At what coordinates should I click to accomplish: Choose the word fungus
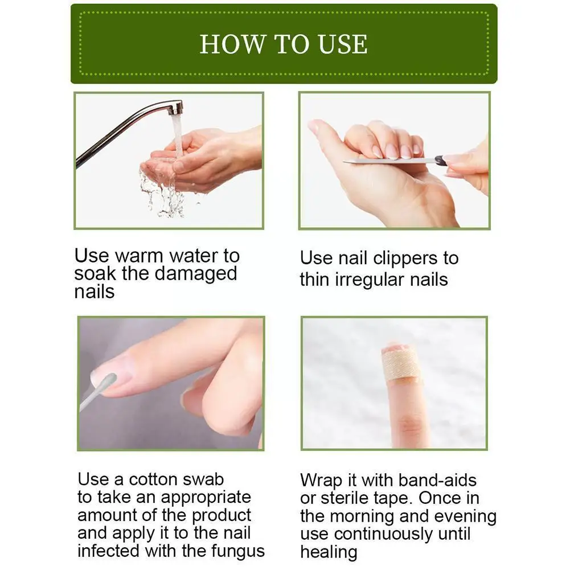click(x=236, y=551)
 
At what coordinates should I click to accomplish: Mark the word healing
click(x=329, y=552)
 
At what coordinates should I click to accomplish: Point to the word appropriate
click(x=206, y=497)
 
